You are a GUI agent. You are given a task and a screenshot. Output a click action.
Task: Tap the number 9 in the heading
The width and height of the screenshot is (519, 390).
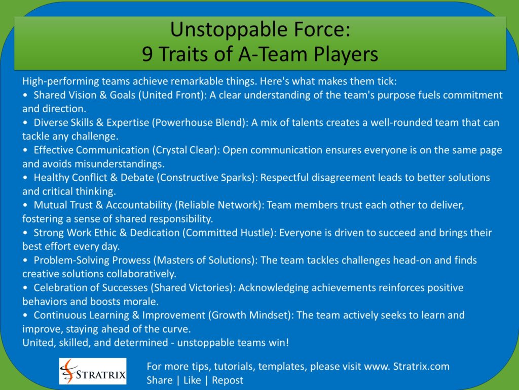pyautogui.click(x=147, y=54)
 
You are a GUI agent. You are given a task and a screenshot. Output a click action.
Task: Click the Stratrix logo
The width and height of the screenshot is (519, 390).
pyautogui.click(x=93, y=371)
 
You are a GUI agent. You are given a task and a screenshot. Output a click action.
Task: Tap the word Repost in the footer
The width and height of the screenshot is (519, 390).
pyautogui.click(x=228, y=380)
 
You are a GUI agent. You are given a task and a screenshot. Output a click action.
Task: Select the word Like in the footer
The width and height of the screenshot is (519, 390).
pyautogui.click(x=192, y=380)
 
